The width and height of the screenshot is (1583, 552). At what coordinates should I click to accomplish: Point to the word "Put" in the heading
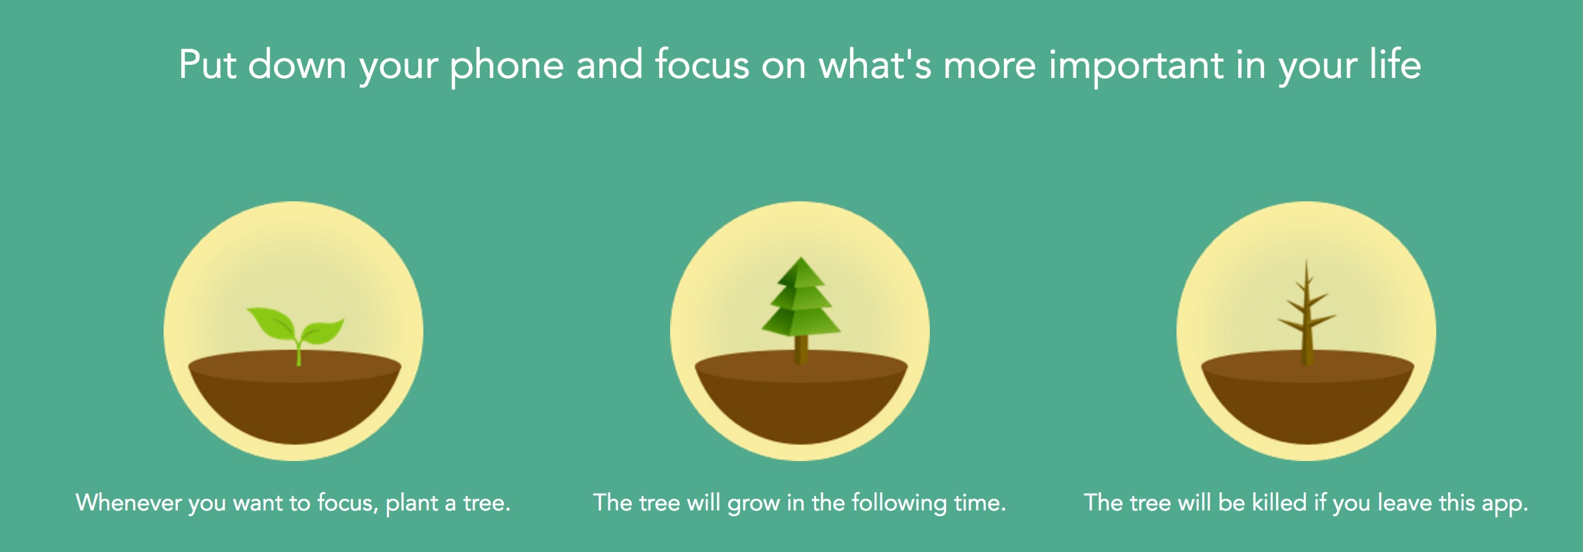coord(207,65)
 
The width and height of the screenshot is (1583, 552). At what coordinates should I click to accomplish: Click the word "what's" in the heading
coord(875,64)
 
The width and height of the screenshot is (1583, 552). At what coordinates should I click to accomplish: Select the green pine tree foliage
coord(801,297)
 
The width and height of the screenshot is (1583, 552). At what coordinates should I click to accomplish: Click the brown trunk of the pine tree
coord(801,349)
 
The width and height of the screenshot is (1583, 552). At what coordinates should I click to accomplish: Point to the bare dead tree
coord(1307,312)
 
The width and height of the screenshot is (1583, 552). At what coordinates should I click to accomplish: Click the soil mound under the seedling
coord(295,397)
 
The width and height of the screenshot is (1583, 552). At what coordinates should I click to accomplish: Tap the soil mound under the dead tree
coord(1308,397)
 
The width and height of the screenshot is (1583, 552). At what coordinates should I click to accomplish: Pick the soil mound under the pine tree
coord(801,397)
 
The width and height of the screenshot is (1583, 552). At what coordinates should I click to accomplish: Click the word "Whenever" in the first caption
coord(129,503)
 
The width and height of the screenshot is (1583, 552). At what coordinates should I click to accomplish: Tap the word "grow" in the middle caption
coord(754,504)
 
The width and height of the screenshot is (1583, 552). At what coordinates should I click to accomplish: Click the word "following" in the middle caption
coord(899,503)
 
